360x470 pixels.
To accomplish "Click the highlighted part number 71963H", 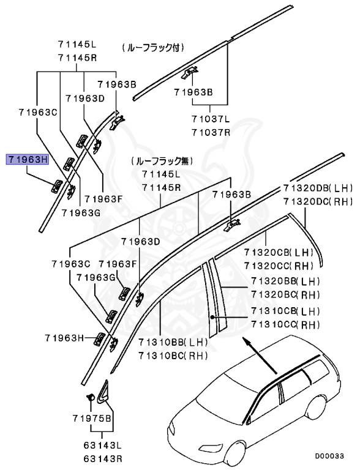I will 27,160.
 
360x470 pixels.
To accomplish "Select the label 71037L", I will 210,120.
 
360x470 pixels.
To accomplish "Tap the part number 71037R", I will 210,132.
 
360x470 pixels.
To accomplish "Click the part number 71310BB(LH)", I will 173,343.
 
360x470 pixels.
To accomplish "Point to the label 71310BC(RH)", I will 173,356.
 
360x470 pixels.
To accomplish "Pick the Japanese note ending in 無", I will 161,162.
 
